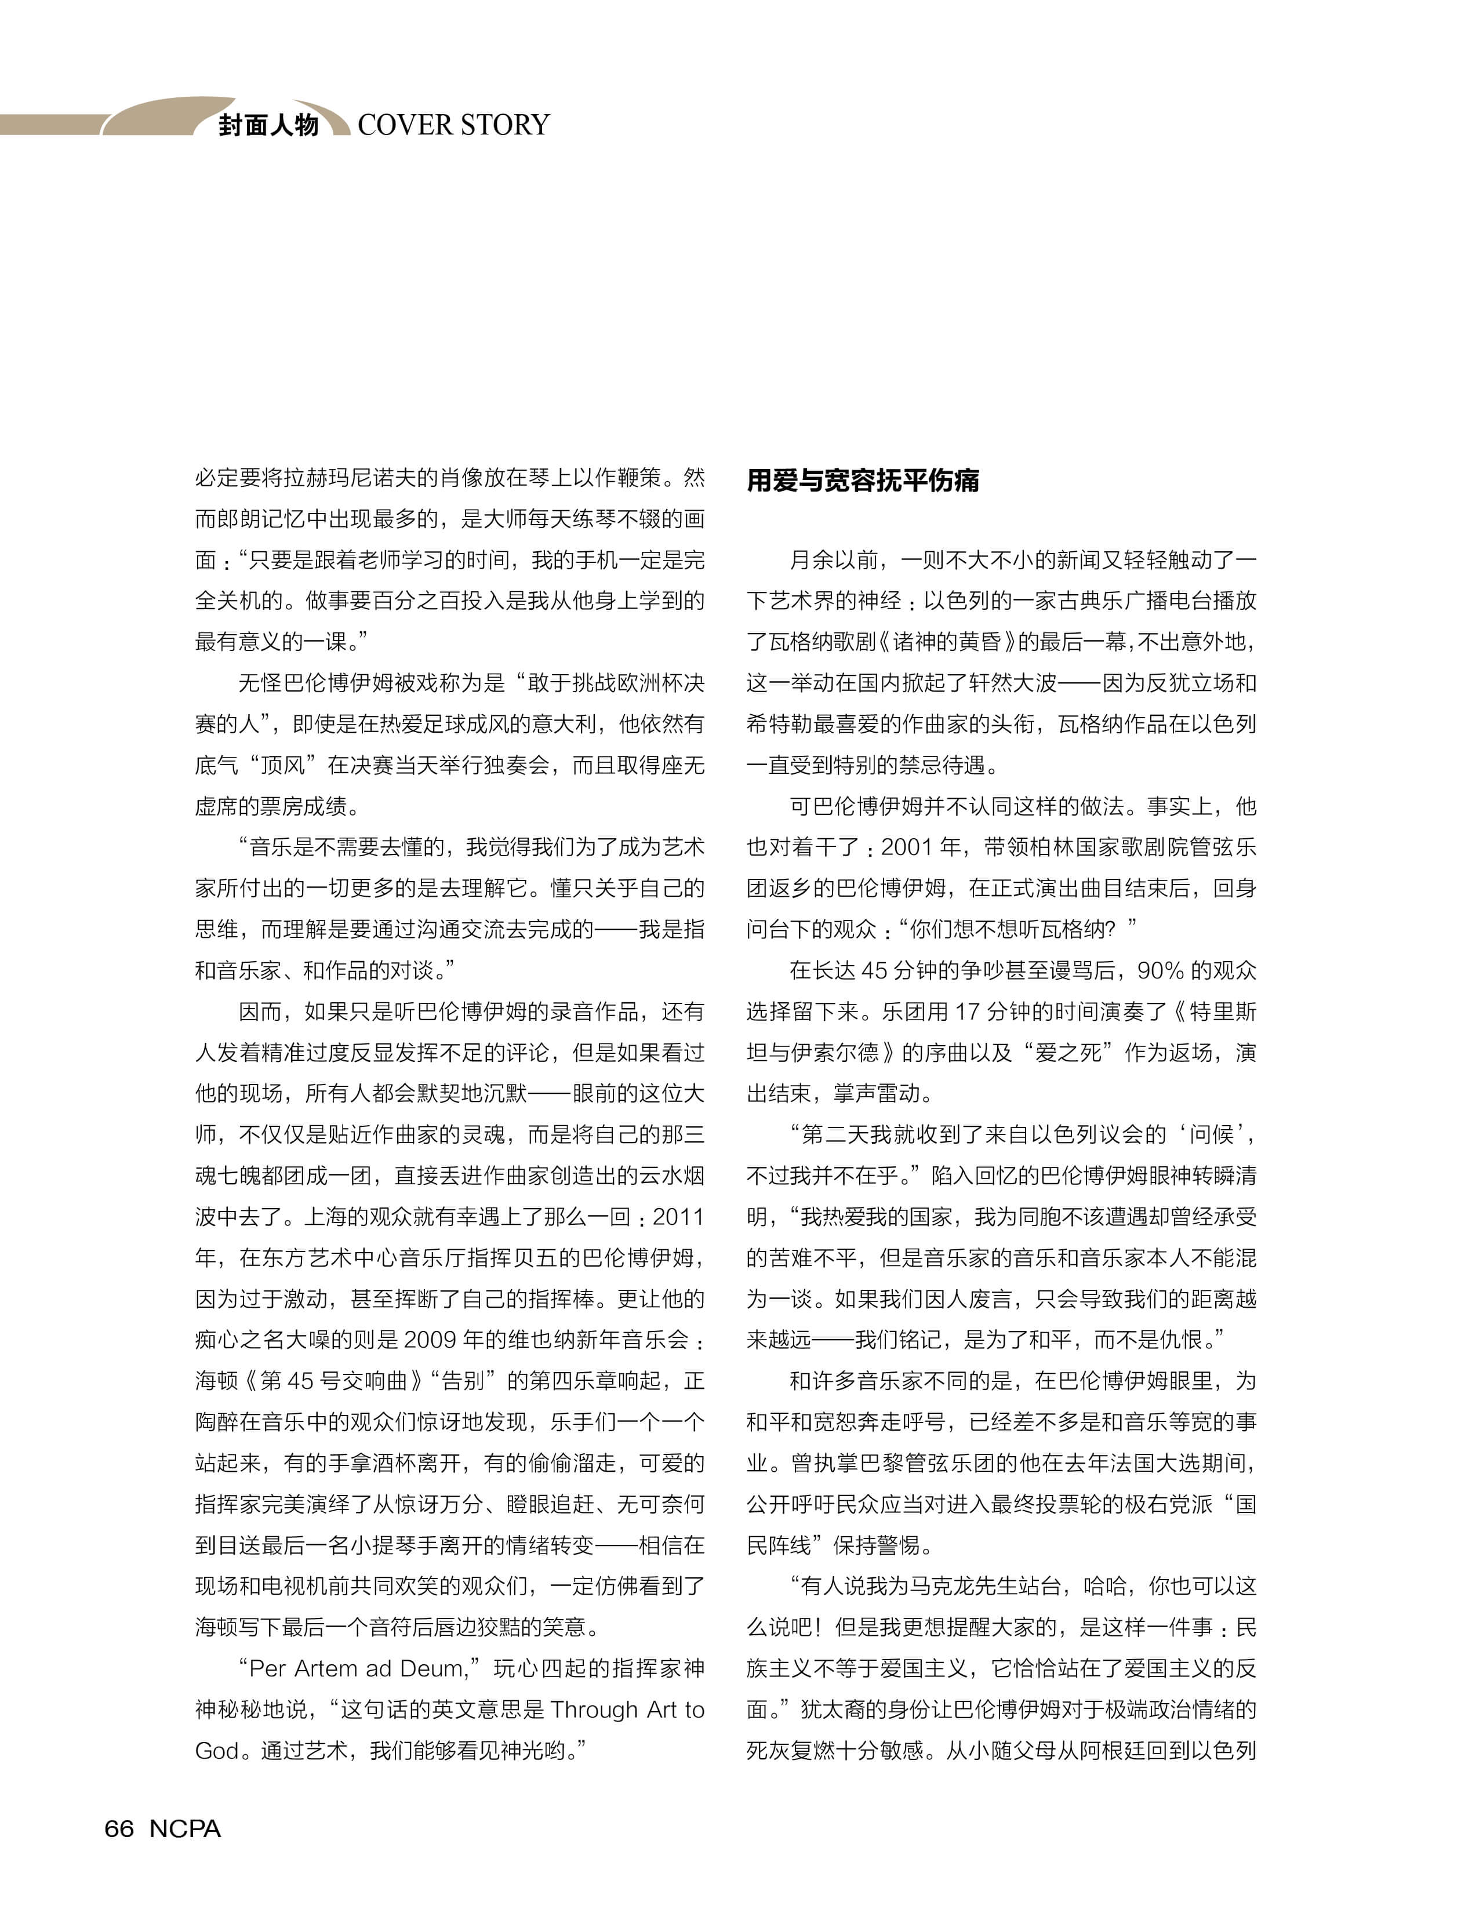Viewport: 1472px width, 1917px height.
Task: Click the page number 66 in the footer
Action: point(119,1828)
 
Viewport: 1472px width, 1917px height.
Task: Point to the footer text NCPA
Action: point(185,1828)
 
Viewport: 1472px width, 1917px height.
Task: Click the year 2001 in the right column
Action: point(906,847)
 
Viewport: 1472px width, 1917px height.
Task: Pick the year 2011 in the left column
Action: point(677,1216)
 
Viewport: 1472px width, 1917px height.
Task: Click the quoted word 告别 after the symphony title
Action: point(463,1381)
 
